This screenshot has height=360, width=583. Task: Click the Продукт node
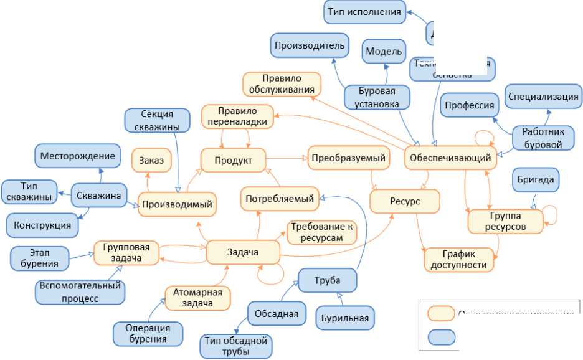click(x=233, y=161)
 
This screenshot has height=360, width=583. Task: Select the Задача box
click(x=243, y=252)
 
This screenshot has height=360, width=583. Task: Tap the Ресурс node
click(x=405, y=202)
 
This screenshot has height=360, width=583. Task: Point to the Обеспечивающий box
click(x=450, y=158)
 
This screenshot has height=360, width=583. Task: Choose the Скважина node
click(x=99, y=196)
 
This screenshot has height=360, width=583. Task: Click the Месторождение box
click(x=78, y=156)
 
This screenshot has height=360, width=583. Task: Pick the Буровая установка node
click(x=377, y=97)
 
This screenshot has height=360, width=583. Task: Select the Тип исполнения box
click(x=364, y=12)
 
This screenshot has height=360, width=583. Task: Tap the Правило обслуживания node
click(x=282, y=85)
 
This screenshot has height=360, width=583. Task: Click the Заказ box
click(x=151, y=161)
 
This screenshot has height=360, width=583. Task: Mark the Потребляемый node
click(x=280, y=199)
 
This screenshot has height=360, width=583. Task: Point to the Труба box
click(x=328, y=280)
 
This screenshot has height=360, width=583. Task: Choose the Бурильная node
click(x=345, y=318)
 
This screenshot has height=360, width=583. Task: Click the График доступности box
click(x=459, y=259)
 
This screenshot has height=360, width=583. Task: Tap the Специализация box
click(x=543, y=97)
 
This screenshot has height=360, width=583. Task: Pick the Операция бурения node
click(x=148, y=334)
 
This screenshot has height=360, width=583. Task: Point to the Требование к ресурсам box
click(x=321, y=232)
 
